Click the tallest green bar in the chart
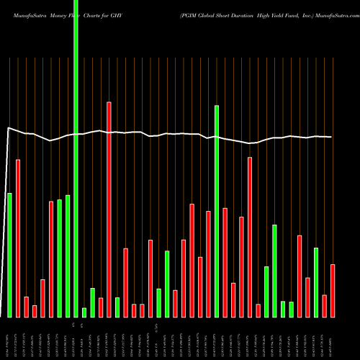[x=76, y=158]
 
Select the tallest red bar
[x=109, y=210]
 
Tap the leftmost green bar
[x=10, y=255]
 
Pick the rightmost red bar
[x=333, y=291]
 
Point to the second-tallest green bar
[x=217, y=211]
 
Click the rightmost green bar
[x=316, y=282]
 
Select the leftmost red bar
[x=18, y=238]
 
